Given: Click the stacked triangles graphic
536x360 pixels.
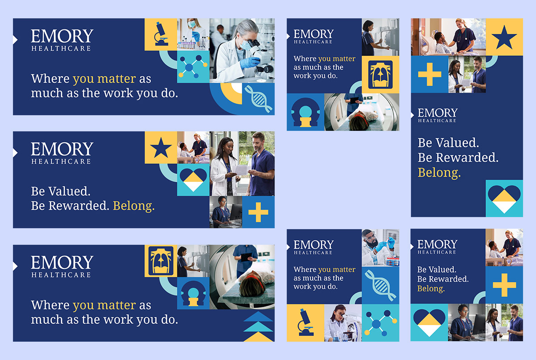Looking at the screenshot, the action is pos(258,327).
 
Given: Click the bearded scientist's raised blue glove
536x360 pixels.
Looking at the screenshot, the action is pos(391,243).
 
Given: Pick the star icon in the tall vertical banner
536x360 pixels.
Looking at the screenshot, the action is pos(504,38).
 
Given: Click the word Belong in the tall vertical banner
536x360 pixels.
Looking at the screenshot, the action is pos(439,172).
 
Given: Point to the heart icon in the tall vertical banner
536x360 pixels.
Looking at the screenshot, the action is pos(504,199).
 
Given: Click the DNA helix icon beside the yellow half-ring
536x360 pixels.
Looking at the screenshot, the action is pos(259,99).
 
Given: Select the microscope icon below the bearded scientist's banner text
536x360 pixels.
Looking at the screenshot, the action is pos(305,322).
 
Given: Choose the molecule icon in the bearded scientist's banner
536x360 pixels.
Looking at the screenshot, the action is pos(381,323).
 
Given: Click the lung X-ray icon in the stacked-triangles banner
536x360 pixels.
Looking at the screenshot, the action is pos(161,261).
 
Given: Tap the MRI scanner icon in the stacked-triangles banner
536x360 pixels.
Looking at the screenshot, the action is pos(193,293).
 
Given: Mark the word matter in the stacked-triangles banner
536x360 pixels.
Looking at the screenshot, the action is pos(117,305).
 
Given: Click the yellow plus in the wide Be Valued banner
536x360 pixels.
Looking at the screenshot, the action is pos(258,212).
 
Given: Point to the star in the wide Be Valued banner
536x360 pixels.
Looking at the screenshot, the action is pos(161,148).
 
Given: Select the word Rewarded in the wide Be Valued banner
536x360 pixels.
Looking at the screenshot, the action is pos(79,205).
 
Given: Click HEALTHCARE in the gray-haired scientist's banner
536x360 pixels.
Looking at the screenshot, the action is pos(61,48).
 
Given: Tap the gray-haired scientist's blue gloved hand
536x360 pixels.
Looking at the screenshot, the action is pos(250,63).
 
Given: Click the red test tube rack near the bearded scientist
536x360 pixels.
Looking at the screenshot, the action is pos(393,262).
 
